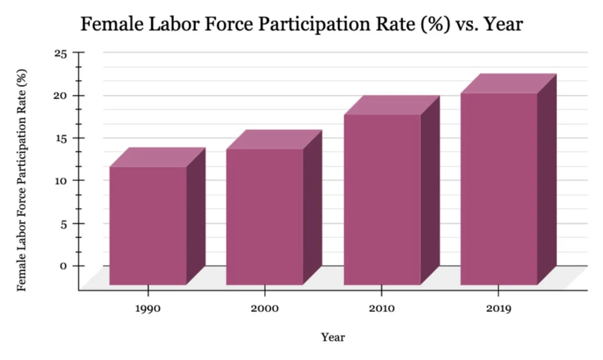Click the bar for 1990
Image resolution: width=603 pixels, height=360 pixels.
point(148,226)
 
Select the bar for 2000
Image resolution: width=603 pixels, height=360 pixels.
point(264,217)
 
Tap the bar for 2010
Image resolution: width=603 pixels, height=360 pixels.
point(382,200)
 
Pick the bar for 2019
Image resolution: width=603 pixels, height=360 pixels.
point(499,189)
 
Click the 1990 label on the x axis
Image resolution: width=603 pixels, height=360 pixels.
point(148,308)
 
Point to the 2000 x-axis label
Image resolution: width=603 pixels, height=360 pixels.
point(264,308)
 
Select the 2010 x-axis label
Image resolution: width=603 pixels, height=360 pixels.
point(382,308)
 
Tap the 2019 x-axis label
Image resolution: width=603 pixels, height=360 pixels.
point(499,308)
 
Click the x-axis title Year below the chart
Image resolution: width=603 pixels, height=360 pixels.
point(333,338)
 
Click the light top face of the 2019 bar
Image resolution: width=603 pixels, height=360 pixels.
point(508,84)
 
